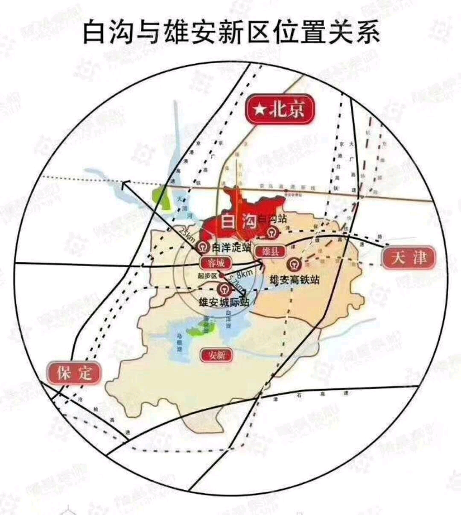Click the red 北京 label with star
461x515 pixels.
[280, 111]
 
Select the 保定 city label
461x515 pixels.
[75, 372]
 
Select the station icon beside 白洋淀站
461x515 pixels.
[204, 247]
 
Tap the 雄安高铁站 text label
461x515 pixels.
[294, 280]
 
